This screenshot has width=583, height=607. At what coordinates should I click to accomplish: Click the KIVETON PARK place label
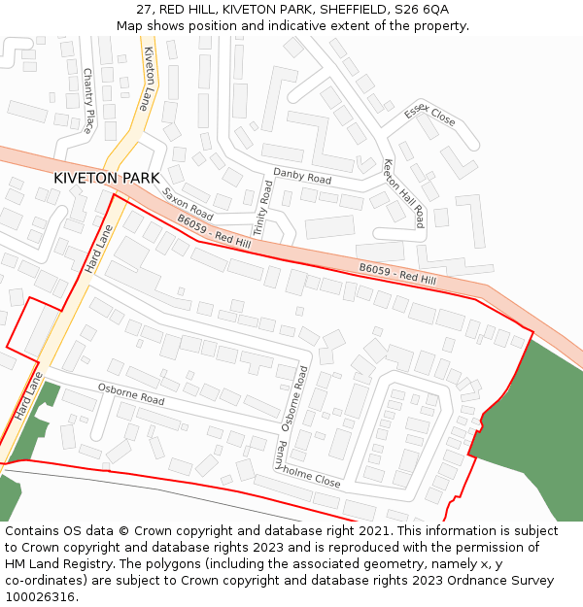(106, 179)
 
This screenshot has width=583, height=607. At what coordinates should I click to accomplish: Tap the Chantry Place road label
(87, 101)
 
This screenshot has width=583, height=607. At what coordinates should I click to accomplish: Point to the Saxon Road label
(188, 203)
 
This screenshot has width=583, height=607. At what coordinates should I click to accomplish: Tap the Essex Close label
(429, 116)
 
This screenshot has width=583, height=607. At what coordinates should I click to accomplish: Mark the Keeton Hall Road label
(403, 193)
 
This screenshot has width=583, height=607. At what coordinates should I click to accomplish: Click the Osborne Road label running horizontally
(131, 394)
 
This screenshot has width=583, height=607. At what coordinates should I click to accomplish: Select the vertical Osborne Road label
(293, 398)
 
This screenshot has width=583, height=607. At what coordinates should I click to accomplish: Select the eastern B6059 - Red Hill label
(396, 273)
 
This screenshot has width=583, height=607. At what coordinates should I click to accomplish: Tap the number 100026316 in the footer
(42, 596)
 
